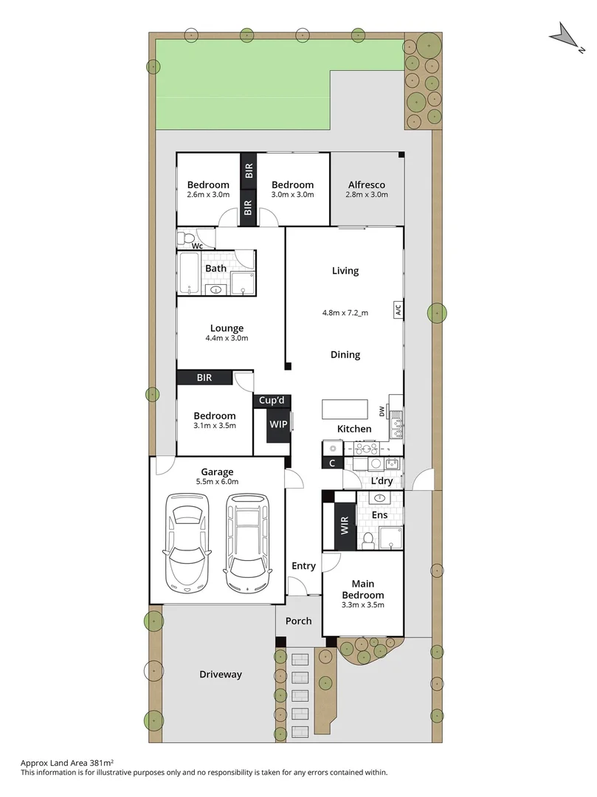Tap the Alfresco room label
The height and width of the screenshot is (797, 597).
point(366,184)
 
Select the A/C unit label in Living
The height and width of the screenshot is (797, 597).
point(398,310)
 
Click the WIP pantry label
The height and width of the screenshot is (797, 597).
point(277,425)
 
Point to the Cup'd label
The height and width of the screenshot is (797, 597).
point(272,401)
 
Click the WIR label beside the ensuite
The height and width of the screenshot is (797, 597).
point(344,525)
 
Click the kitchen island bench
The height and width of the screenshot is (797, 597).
point(345,409)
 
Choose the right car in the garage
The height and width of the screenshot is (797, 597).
point(248,539)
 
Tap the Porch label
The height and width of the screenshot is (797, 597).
point(299,621)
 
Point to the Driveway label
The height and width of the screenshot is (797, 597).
point(221,674)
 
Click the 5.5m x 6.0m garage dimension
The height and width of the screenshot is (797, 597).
point(218,482)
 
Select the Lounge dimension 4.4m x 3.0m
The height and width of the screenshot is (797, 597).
point(227,339)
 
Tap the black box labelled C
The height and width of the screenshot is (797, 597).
point(332,463)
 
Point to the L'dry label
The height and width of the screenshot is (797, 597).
point(382,480)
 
